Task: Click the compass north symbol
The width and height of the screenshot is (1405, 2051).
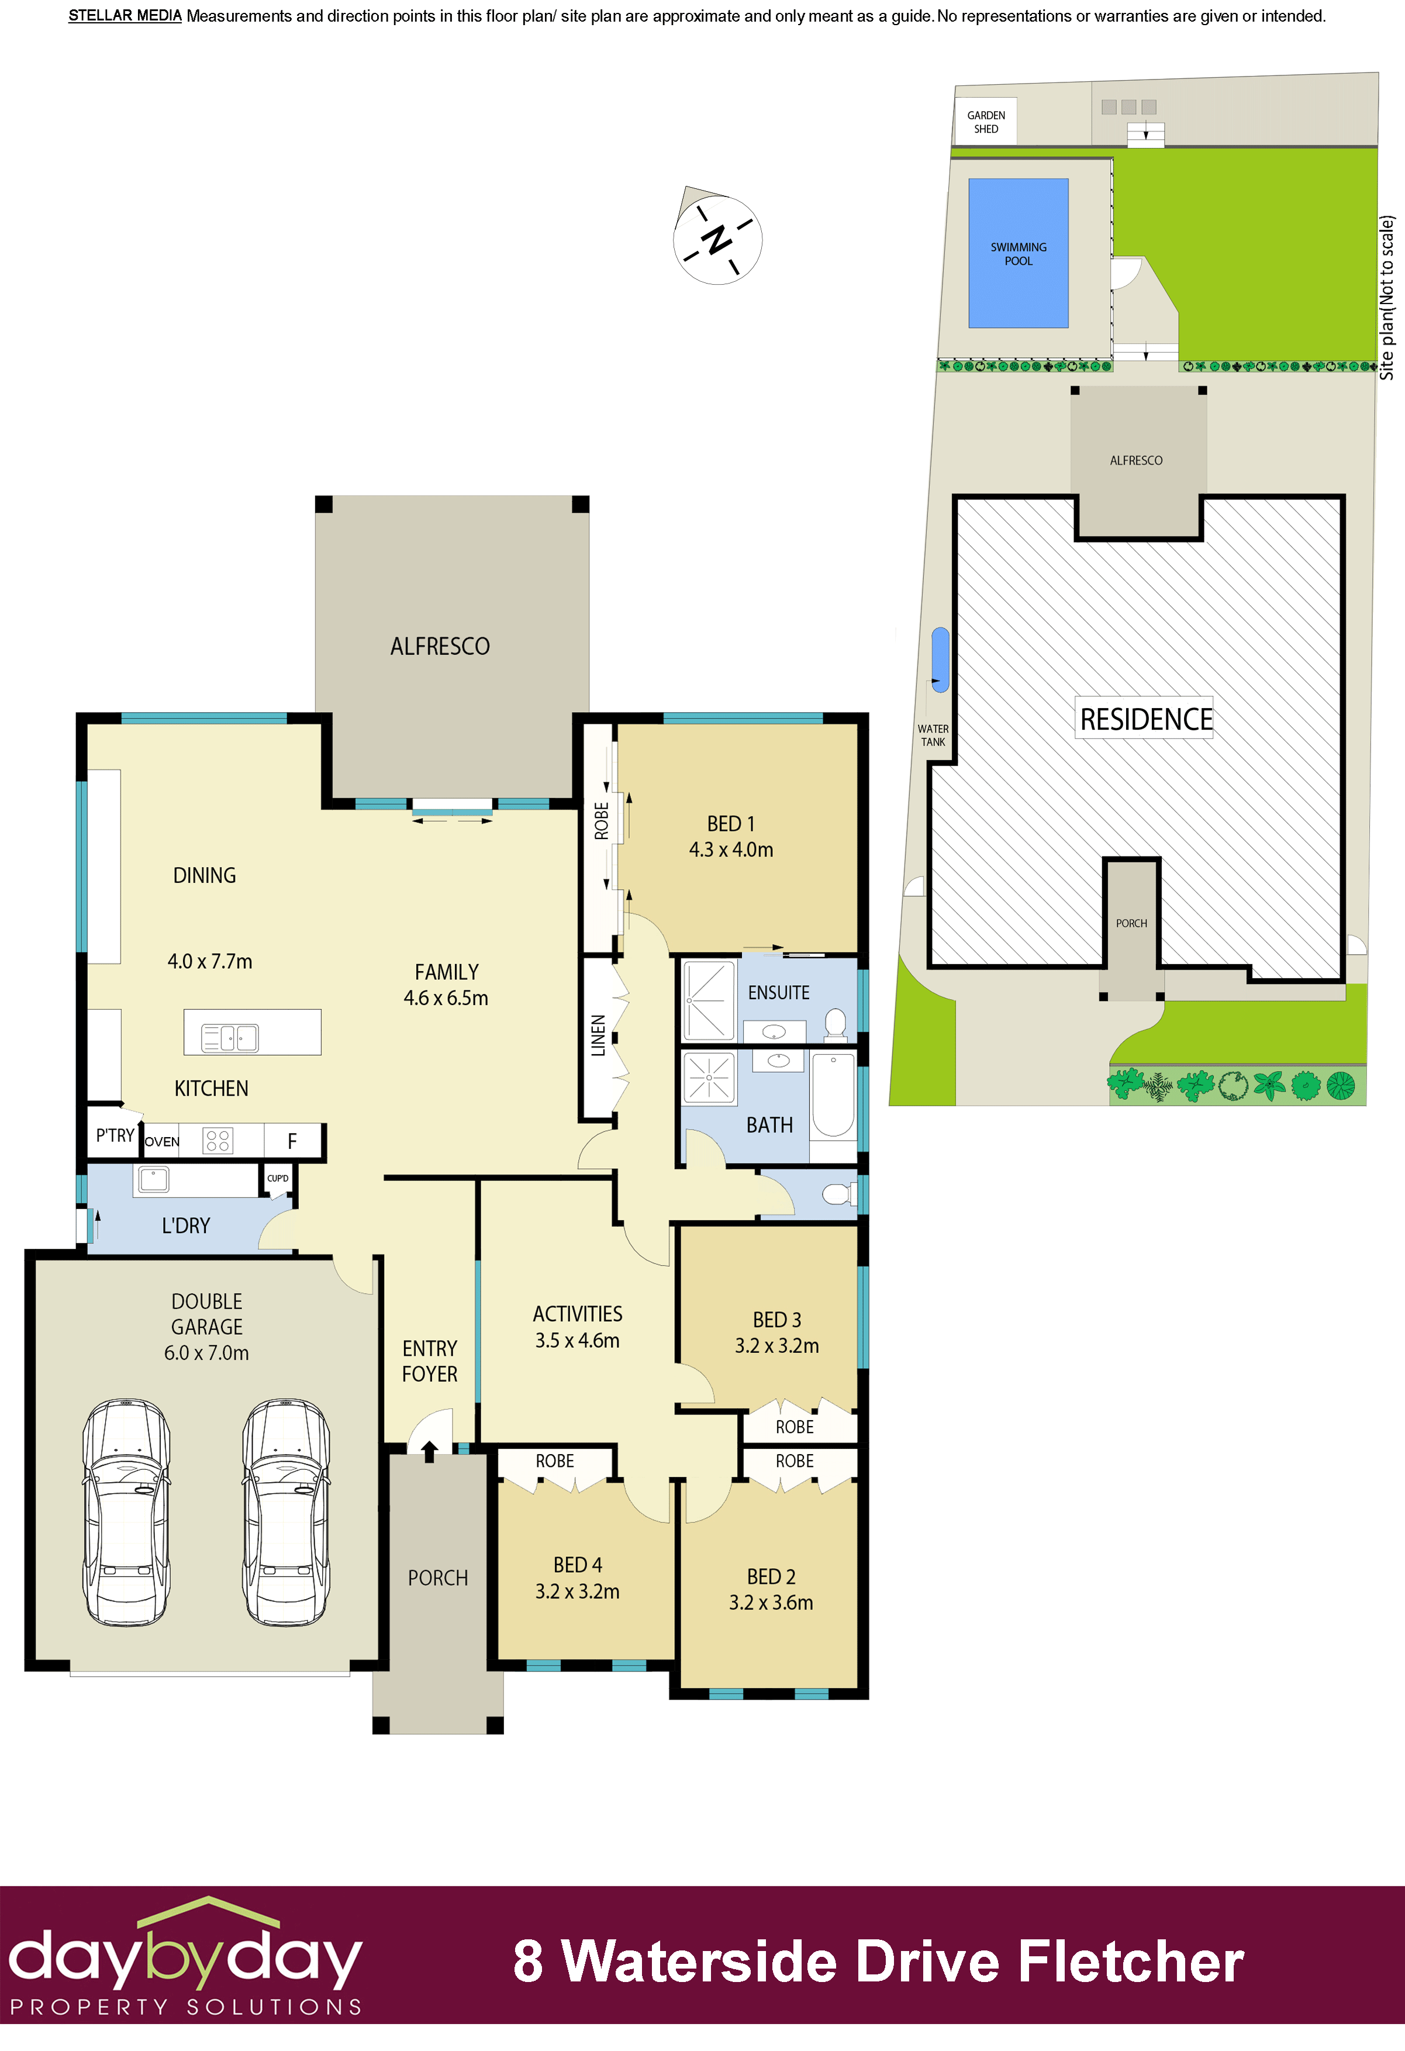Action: click(x=717, y=239)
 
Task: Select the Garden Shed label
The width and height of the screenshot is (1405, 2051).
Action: click(x=985, y=122)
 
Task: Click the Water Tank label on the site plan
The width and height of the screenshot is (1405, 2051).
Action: click(x=933, y=735)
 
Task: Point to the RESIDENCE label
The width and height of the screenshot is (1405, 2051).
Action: click(x=1145, y=719)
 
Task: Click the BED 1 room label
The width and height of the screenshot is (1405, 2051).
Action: click(x=731, y=823)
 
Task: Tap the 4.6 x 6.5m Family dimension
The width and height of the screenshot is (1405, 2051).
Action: click(x=446, y=998)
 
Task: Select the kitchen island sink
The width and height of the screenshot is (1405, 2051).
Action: click(x=229, y=1037)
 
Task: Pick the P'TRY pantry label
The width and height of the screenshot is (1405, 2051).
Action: click(x=115, y=1135)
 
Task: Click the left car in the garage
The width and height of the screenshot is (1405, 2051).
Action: click(x=126, y=1511)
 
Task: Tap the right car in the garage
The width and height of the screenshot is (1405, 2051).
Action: click(x=286, y=1511)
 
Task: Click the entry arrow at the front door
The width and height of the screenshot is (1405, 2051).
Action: click(x=430, y=1451)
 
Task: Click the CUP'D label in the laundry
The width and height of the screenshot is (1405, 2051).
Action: click(x=278, y=1178)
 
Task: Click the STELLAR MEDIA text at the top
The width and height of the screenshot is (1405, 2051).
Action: click(x=125, y=16)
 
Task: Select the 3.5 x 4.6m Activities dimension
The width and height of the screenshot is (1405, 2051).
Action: click(x=577, y=1341)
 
